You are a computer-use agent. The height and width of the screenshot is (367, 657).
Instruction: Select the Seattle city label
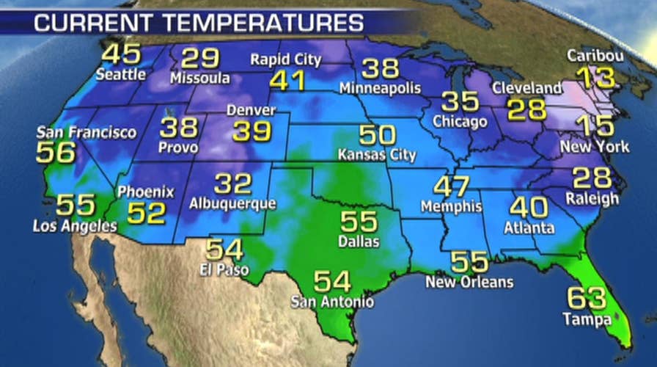[x=120, y=74]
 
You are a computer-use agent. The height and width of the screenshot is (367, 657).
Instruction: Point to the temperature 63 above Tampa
[x=587, y=299]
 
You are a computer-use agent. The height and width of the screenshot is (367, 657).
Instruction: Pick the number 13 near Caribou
[x=595, y=77]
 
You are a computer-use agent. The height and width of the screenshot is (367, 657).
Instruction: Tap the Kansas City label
[x=377, y=156]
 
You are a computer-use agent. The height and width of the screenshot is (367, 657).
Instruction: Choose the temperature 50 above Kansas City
[x=377, y=136]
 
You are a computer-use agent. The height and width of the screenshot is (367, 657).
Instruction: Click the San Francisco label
[x=87, y=133]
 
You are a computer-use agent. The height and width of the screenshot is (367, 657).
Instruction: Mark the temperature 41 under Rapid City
[x=287, y=80]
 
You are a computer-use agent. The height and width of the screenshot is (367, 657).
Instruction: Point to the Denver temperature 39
[x=252, y=131]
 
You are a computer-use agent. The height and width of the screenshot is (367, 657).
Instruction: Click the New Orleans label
[x=471, y=282]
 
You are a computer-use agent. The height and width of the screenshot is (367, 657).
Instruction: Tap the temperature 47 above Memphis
[x=451, y=186]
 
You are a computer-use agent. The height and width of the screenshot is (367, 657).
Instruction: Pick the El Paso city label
[x=223, y=269]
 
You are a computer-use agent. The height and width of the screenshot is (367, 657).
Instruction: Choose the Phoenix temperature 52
[x=147, y=213]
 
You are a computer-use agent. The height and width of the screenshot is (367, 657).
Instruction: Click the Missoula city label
[x=199, y=78]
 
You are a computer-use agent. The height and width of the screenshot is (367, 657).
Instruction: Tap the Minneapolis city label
[x=381, y=88]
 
